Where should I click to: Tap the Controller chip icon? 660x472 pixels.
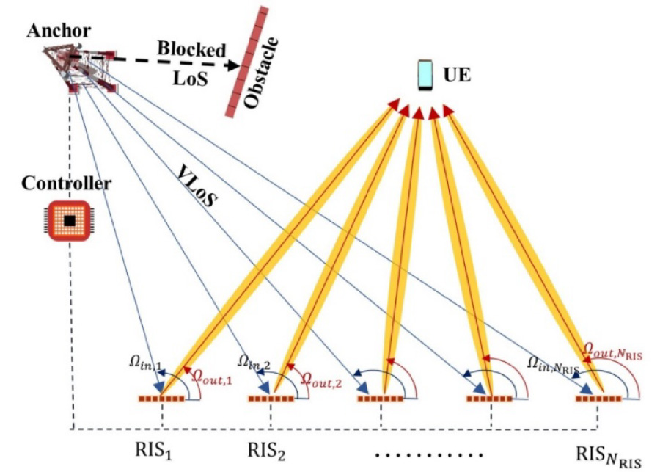pos(68,220)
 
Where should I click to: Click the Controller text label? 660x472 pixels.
pos(67,183)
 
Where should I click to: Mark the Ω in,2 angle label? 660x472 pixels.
pos(254,361)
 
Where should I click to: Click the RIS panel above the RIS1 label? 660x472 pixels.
pos(161,399)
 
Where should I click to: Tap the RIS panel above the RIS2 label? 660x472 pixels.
pos(271,399)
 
